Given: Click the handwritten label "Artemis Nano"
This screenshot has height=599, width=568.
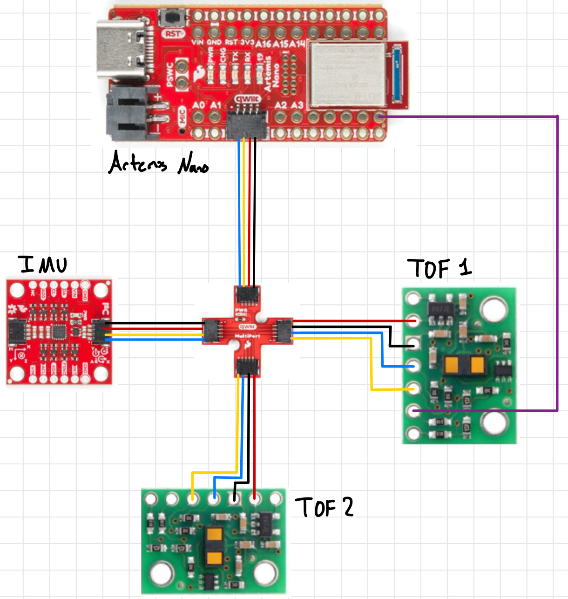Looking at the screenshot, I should tap(158, 164).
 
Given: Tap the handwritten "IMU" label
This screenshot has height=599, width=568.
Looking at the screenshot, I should tap(43, 264).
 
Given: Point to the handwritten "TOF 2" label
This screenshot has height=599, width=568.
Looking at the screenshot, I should tap(324, 507).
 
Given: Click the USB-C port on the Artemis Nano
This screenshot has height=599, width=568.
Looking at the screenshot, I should tap(123, 49).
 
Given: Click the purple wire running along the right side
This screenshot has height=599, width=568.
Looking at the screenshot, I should tap(557, 261).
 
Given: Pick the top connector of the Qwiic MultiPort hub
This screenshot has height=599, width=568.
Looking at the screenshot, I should tap(247, 294).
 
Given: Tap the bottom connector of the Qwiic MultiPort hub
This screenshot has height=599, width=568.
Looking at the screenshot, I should tap(247, 367).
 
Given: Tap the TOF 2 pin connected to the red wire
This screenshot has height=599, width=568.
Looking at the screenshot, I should tap(254, 499).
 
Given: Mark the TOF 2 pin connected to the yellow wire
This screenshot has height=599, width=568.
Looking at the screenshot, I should tap(193, 499).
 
